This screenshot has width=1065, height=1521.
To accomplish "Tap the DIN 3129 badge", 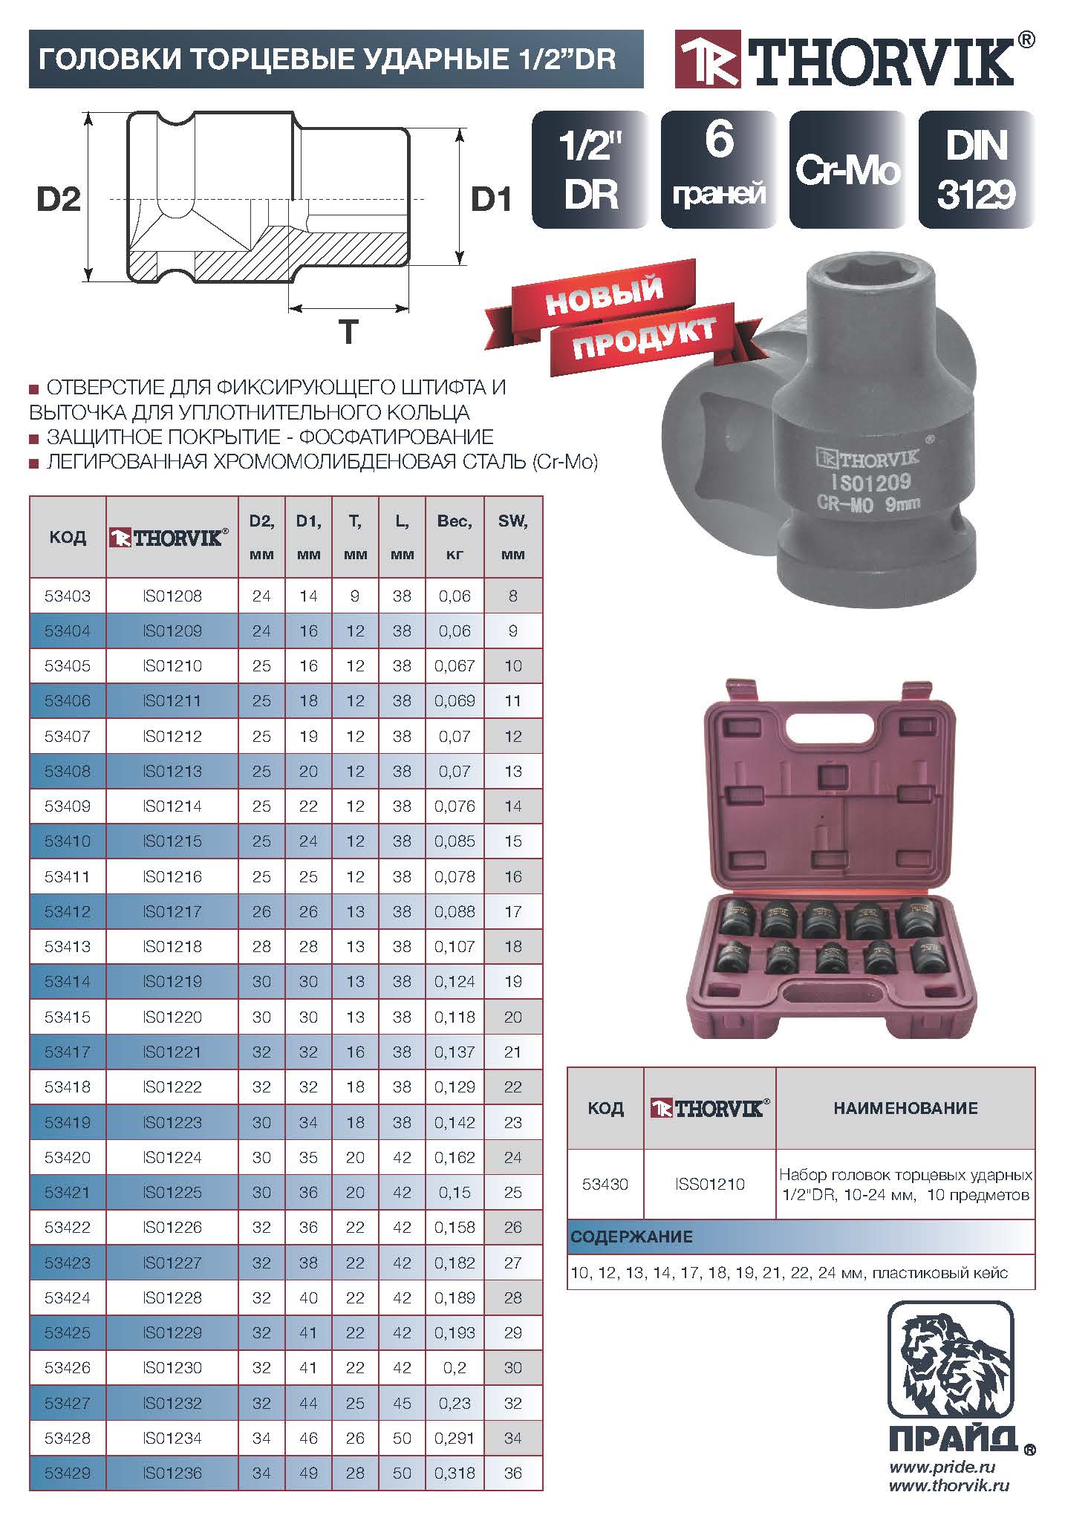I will [x=975, y=170].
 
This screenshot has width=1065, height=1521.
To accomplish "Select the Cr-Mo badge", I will [x=847, y=170].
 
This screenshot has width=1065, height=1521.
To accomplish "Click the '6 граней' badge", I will [x=718, y=170].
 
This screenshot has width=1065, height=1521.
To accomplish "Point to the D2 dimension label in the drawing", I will [x=59, y=199].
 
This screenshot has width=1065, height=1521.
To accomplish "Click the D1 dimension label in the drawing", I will [x=491, y=199].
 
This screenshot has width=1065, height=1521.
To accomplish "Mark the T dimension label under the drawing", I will [x=348, y=331].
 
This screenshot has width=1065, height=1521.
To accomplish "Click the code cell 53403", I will [x=68, y=596].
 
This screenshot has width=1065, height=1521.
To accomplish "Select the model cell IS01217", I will [x=172, y=911].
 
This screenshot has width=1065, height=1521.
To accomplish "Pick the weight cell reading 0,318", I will [x=455, y=1473].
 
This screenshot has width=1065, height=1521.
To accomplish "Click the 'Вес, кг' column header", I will [x=455, y=537].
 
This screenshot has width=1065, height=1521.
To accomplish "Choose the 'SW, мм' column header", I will [x=513, y=537].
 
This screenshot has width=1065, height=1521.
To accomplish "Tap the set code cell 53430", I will [x=605, y=1184].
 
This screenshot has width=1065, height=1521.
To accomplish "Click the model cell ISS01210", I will [x=709, y=1184].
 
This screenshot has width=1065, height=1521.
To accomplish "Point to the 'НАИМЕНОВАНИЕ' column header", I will [x=905, y=1108].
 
